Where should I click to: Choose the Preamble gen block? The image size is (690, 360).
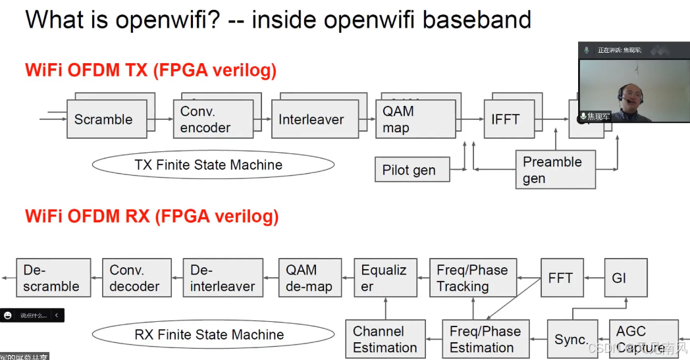(x=555, y=170)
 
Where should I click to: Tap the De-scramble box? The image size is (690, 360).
(x=53, y=278)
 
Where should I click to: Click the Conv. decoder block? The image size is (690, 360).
(x=136, y=278)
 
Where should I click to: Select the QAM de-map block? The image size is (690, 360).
(x=309, y=278)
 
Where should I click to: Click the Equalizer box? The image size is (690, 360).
(x=385, y=278)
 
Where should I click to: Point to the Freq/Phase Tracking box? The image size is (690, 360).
(x=473, y=278)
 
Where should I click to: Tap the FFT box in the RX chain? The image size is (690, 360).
(x=562, y=278)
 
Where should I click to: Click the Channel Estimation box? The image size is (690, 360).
(x=385, y=339)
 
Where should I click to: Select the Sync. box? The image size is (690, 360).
(x=571, y=339)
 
